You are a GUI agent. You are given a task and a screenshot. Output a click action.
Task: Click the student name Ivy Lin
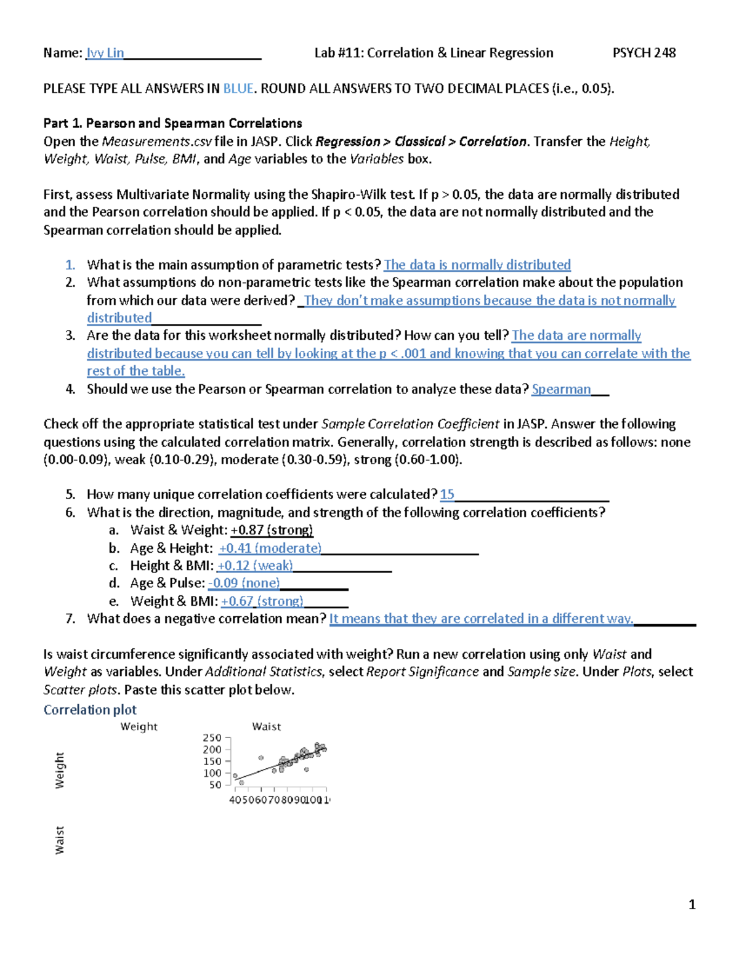tap(105, 53)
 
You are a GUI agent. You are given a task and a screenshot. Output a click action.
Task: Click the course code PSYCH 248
tap(644, 53)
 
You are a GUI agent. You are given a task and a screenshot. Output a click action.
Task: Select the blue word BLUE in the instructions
tap(238, 89)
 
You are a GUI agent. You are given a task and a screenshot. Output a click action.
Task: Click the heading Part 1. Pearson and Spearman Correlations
tap(172, 123)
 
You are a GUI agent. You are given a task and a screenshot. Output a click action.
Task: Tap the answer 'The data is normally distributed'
tap(477, 265)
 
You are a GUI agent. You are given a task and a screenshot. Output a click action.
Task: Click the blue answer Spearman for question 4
tap(561, 389)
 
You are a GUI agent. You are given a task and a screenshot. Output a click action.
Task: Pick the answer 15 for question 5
tap(447, 494)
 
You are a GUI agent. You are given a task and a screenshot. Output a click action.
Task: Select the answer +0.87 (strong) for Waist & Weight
tap(272, 530)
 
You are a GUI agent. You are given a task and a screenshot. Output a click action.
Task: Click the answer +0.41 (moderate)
tap(270, 548)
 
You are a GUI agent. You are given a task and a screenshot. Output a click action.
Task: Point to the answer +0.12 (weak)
tap(255, 566)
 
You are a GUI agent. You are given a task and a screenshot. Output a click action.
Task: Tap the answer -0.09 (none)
tap(244, 583)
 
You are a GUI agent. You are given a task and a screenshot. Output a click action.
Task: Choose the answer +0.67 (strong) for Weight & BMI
tap(262, 601)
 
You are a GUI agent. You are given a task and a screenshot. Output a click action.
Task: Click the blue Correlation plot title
tap(90, 710)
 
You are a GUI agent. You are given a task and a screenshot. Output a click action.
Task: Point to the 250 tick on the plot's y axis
tap(212, 737)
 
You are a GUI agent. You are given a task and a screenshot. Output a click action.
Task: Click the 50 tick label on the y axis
tap(215, 785)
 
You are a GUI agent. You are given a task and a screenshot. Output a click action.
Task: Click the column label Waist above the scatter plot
tap(266, 726)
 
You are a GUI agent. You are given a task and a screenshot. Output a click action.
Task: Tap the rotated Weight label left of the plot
tap(59, 769)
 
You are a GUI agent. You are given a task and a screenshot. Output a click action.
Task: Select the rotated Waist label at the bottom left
tap(59, 840)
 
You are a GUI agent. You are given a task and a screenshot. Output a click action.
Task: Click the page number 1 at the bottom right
tap(692, 904)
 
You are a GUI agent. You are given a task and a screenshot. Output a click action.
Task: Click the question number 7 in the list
tap(70, 619)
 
